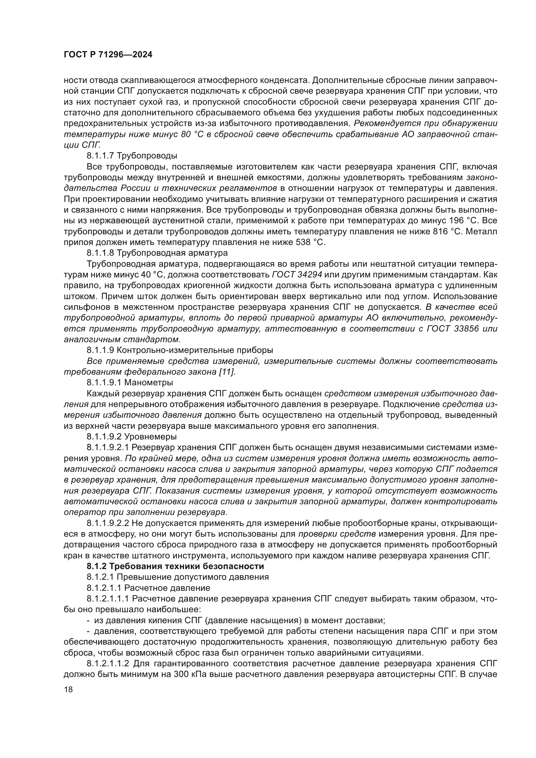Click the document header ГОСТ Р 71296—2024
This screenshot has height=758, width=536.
[108, 55]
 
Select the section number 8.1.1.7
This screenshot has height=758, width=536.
[100, 156]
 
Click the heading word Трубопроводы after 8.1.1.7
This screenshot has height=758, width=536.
[147, 156]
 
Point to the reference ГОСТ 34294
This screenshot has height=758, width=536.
[297, 275]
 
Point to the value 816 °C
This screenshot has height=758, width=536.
[448, 231]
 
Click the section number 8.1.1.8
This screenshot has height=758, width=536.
[100, 253]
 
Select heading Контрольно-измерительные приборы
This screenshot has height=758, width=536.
[195, 350]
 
